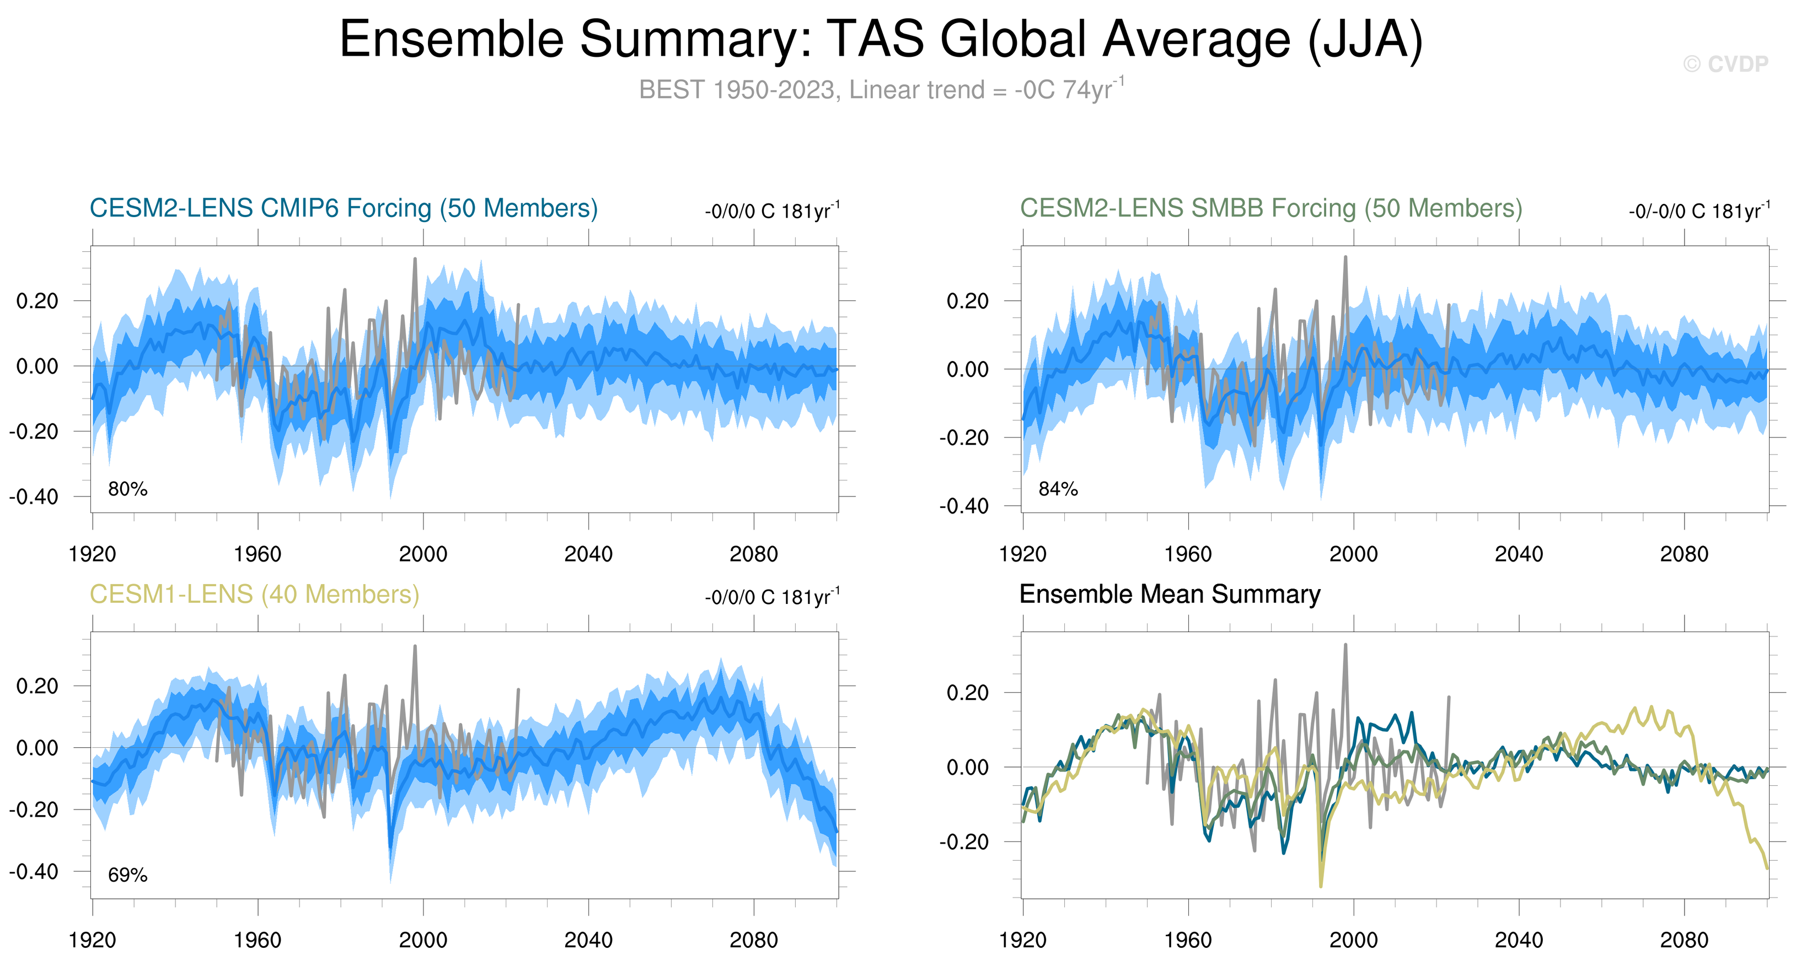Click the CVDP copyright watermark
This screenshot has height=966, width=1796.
click(x=1725, y=64)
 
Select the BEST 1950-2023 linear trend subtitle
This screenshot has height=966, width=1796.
click(x=881, y=89)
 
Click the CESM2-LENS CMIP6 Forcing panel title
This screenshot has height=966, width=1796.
click(x=344, y=208)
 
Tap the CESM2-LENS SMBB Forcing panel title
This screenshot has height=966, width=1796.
click(x=1271, y=208)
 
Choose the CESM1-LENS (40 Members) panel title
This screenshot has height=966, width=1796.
click(x=254, y=594)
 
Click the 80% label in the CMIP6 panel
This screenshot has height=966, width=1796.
click(x=127, y=489)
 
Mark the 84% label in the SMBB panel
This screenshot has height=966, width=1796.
click(x=1058, y=489)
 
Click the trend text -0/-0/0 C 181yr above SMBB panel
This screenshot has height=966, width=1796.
click(x=1699, y=211)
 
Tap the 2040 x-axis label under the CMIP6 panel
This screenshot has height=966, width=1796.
click(x=588, y=554)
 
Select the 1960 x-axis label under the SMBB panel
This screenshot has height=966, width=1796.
click(x=1188, y=554)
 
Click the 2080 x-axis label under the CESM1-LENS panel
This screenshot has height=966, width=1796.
click(x=754, y=940)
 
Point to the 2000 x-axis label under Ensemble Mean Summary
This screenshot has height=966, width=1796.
click(x=1353, y=940)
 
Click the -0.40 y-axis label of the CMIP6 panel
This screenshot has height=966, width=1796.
click(x=34, y=497)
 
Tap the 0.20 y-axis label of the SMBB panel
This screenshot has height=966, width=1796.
click(x=968, y=301)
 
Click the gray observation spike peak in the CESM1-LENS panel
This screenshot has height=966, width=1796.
click(x=415, y=646)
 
